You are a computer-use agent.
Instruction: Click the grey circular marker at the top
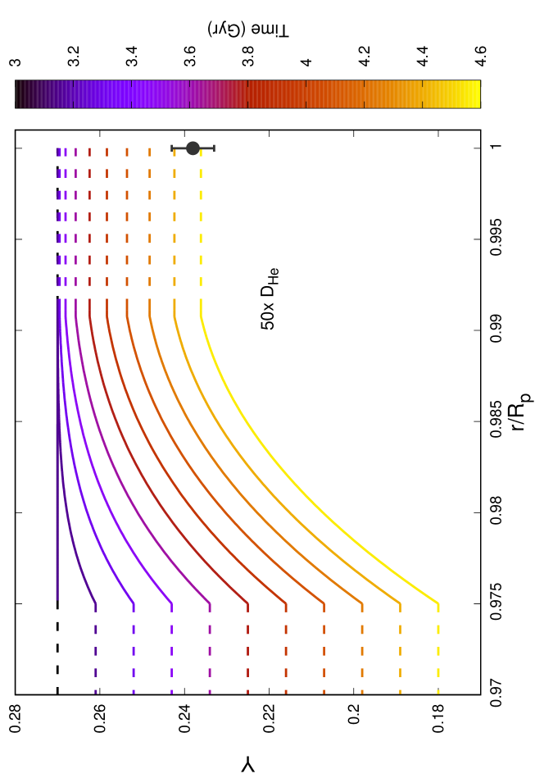193,148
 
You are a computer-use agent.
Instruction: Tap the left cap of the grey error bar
172,148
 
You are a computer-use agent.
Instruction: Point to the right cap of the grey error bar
214,148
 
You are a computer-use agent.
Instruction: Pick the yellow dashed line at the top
201,216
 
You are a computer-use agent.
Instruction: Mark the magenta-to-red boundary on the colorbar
247,94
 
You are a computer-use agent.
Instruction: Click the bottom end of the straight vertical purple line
57,598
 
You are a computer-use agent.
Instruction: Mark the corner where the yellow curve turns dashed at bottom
438,604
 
